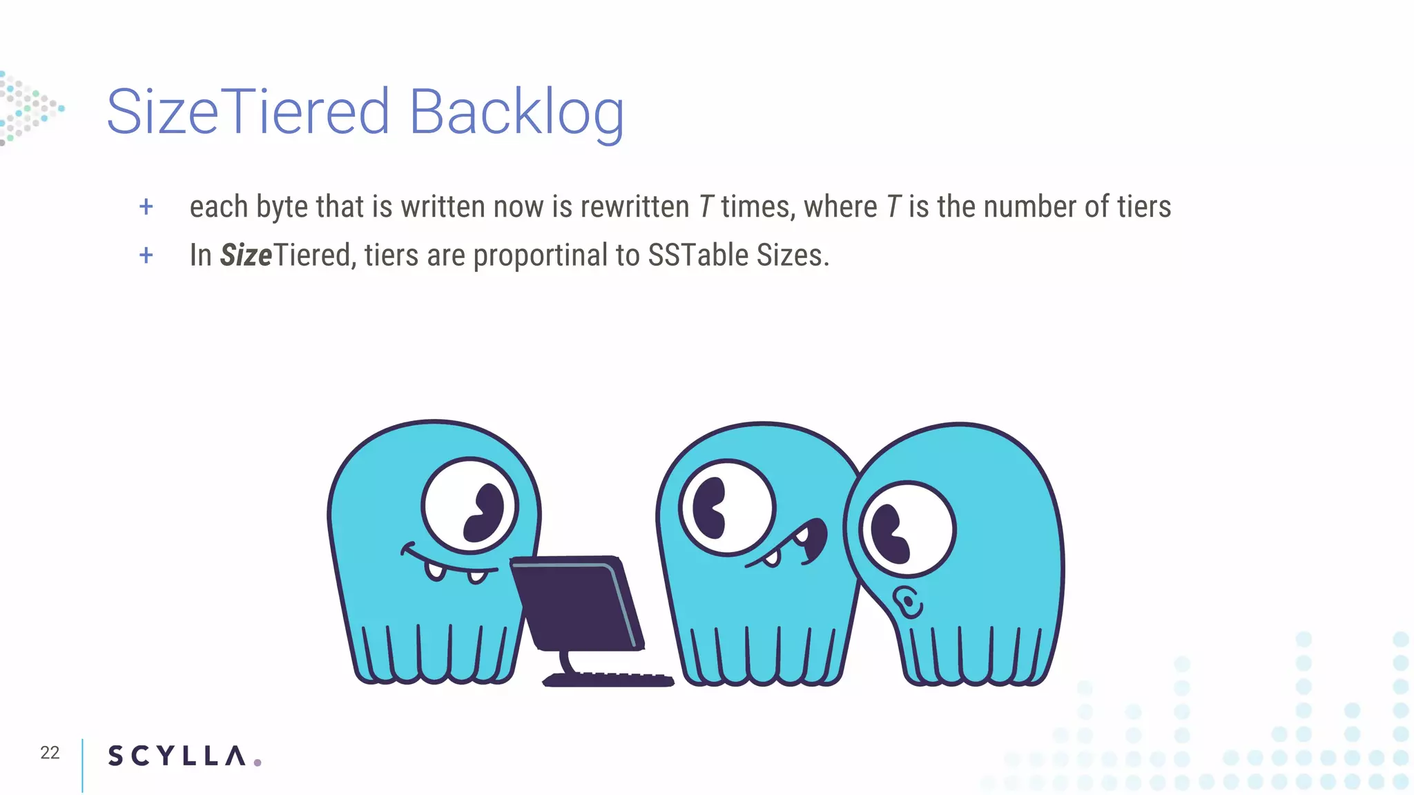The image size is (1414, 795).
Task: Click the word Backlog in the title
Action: coord(516,112)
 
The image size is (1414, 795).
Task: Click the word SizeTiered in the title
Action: coord(249,112)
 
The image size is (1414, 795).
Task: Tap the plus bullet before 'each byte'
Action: coord(146,206)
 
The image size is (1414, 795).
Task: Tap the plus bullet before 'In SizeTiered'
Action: coord(146,255)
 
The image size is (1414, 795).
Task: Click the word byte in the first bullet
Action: coord(282,207)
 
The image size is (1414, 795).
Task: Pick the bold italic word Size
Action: coord(246,255)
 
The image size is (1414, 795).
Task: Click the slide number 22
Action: coord(50,752)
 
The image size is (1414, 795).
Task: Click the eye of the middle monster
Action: coord(727,508)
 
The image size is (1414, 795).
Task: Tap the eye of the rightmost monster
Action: coord(907,529)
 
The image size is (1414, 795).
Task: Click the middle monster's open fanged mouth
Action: coord(794,545)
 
